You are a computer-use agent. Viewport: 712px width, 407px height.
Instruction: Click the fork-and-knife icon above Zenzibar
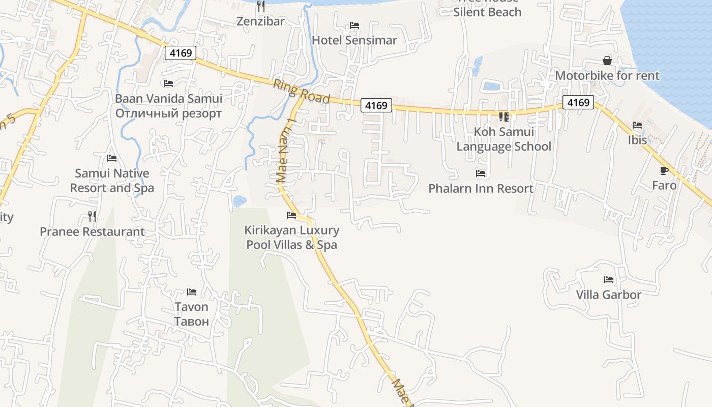(x=261, y=6)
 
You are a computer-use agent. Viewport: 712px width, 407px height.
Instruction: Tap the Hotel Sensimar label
(x=354, y=40)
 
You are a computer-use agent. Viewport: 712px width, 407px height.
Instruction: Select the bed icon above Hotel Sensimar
(x=354, y=25)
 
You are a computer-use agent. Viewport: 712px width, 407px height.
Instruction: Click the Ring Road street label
(x=302, y=92)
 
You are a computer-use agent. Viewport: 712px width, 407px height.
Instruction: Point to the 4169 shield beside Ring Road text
(x=376, y=105)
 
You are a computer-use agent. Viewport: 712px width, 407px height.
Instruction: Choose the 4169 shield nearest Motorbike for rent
(x=578, y=103)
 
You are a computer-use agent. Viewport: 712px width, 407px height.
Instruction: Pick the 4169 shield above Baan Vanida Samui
(x=180, y=52)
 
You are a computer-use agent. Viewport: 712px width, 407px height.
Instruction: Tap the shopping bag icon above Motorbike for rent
(x=607, y=61)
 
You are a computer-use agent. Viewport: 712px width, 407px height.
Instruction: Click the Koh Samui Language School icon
(x=504, y=117)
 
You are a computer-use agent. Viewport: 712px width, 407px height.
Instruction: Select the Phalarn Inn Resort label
(x=481, y=188)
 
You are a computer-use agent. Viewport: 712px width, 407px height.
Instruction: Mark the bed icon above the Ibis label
(x=637, y=125)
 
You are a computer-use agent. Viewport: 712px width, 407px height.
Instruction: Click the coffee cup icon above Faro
(x=664, y=170)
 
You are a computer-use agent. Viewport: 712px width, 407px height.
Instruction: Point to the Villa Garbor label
(x=608, y=295)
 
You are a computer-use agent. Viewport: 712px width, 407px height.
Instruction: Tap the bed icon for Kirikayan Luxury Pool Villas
(x=291, y=215)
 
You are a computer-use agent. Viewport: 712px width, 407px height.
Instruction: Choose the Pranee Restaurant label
(x=92, y=232)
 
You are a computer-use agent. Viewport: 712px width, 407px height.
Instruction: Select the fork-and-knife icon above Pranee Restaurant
(x=92, y=217)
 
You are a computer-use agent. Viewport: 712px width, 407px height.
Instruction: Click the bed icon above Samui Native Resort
(x=112, y=159)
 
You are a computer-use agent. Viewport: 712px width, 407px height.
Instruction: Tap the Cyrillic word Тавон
(x=191, y=321)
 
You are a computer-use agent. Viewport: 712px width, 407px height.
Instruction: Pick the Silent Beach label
(x=487, y=12)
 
